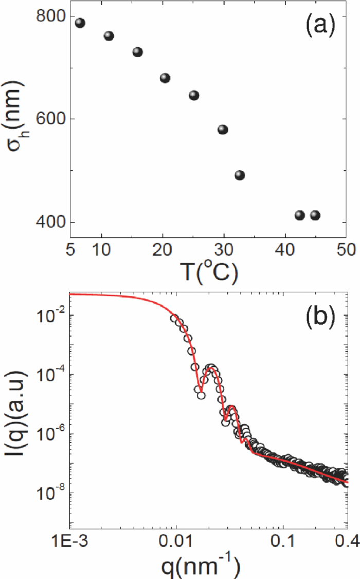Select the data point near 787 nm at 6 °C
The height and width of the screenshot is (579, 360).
click(80, 23)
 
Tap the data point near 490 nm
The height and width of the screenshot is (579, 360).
click(240, 175)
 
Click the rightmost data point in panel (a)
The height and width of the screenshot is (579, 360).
click(315, 215)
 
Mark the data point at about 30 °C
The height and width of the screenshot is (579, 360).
click(223, 129)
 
